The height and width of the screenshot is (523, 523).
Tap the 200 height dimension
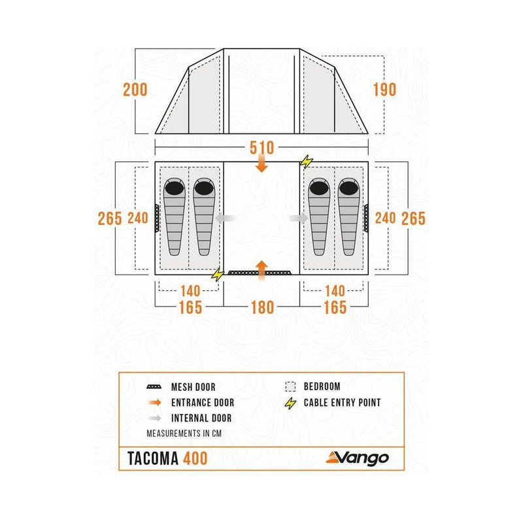[135, 90]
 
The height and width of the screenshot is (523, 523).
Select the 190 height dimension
[385, 90]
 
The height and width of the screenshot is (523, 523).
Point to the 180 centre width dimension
[261, 307]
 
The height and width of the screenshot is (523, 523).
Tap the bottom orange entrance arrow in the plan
[261, 268]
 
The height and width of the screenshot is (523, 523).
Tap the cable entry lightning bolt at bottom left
[217, 275]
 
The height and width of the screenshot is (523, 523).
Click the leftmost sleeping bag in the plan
[174, 216]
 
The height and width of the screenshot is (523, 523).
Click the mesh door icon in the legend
[154, 388]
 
